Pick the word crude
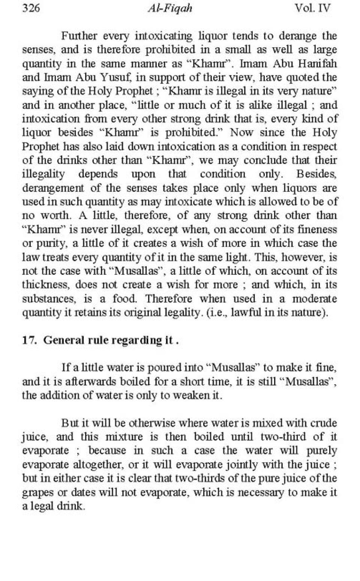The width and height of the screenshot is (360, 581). (324, 423)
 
